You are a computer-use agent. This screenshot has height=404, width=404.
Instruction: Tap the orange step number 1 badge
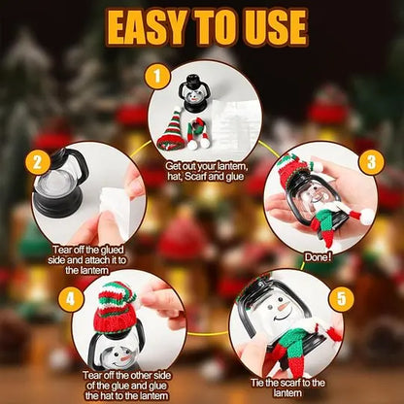(153, 75)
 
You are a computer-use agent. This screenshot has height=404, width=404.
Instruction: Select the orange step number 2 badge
(38, 163)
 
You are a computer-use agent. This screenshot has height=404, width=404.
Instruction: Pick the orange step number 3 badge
(368, 161)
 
